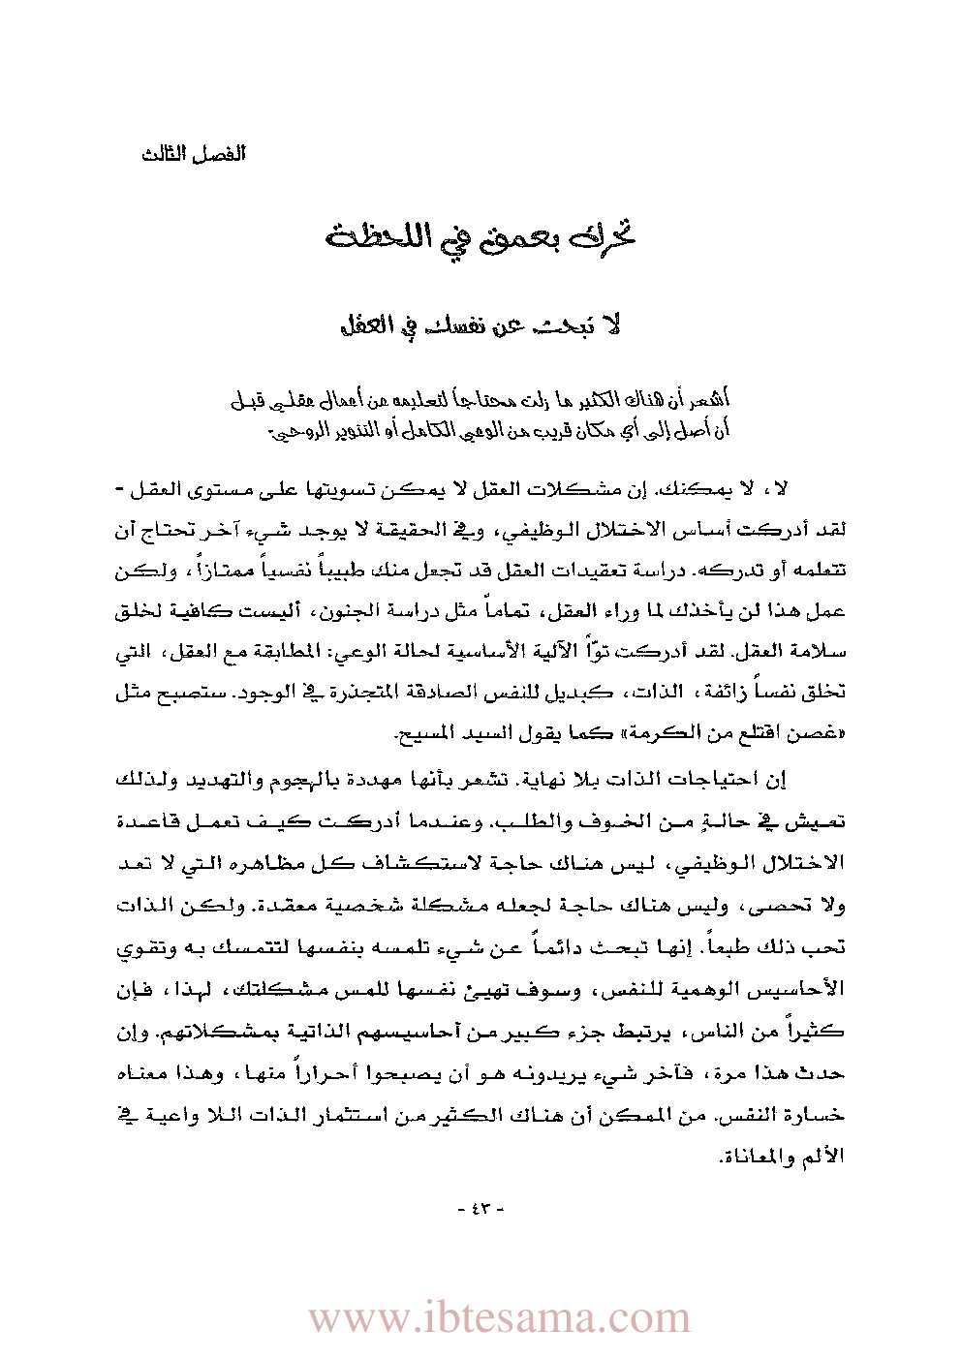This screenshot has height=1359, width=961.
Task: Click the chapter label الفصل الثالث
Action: (194, 155)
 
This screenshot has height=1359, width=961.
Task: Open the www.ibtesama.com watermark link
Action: (500, 1318)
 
